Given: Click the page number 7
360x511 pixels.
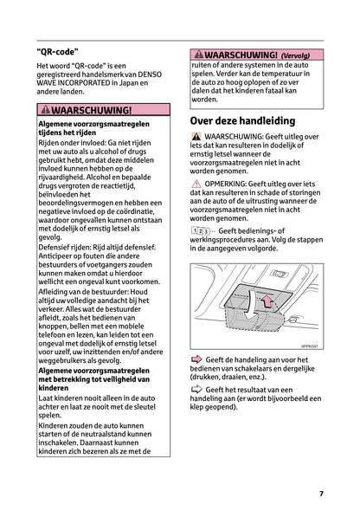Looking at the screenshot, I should click(321, 494).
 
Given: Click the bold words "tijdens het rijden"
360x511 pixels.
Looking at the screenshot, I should click(69, 135).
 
